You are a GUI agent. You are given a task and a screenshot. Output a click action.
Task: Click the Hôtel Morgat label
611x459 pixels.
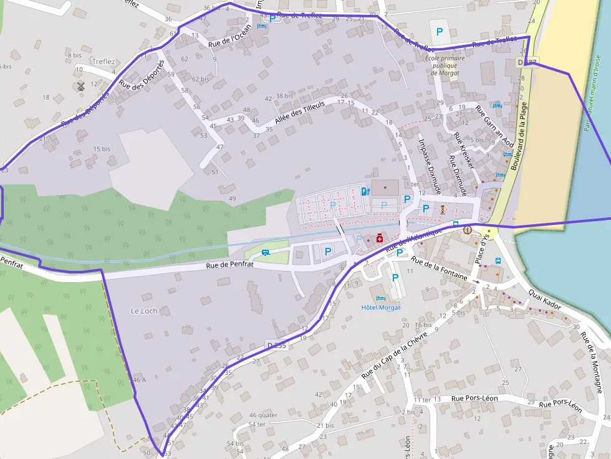pyautogui.click(x=381, y=307)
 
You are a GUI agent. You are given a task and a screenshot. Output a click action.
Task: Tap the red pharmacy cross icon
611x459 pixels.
pyautogui.click(x=379, y=238)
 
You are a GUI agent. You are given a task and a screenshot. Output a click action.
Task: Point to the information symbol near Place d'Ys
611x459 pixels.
pyautogui.click(x=468, y=230)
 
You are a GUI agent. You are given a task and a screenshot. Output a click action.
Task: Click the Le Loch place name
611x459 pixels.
pyautogui.click(x=144, y=310)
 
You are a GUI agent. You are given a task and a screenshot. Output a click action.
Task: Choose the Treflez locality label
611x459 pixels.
pyautogui.click(x=104, y=61)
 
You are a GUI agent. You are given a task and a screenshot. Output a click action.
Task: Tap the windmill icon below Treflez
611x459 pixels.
pyautogui.click(x=80, y=86)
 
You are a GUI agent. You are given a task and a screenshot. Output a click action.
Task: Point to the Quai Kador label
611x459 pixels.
pyautogui.click(x=544, y=300)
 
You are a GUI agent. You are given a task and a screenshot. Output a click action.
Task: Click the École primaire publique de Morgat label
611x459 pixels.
pyautogui.click(x=445, y=65)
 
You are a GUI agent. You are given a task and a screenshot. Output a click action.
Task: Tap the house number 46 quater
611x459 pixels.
pyautogui.click(x=263, y=415)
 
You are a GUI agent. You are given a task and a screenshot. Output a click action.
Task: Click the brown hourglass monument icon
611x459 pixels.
pyautogui.click(x=442, y=209)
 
